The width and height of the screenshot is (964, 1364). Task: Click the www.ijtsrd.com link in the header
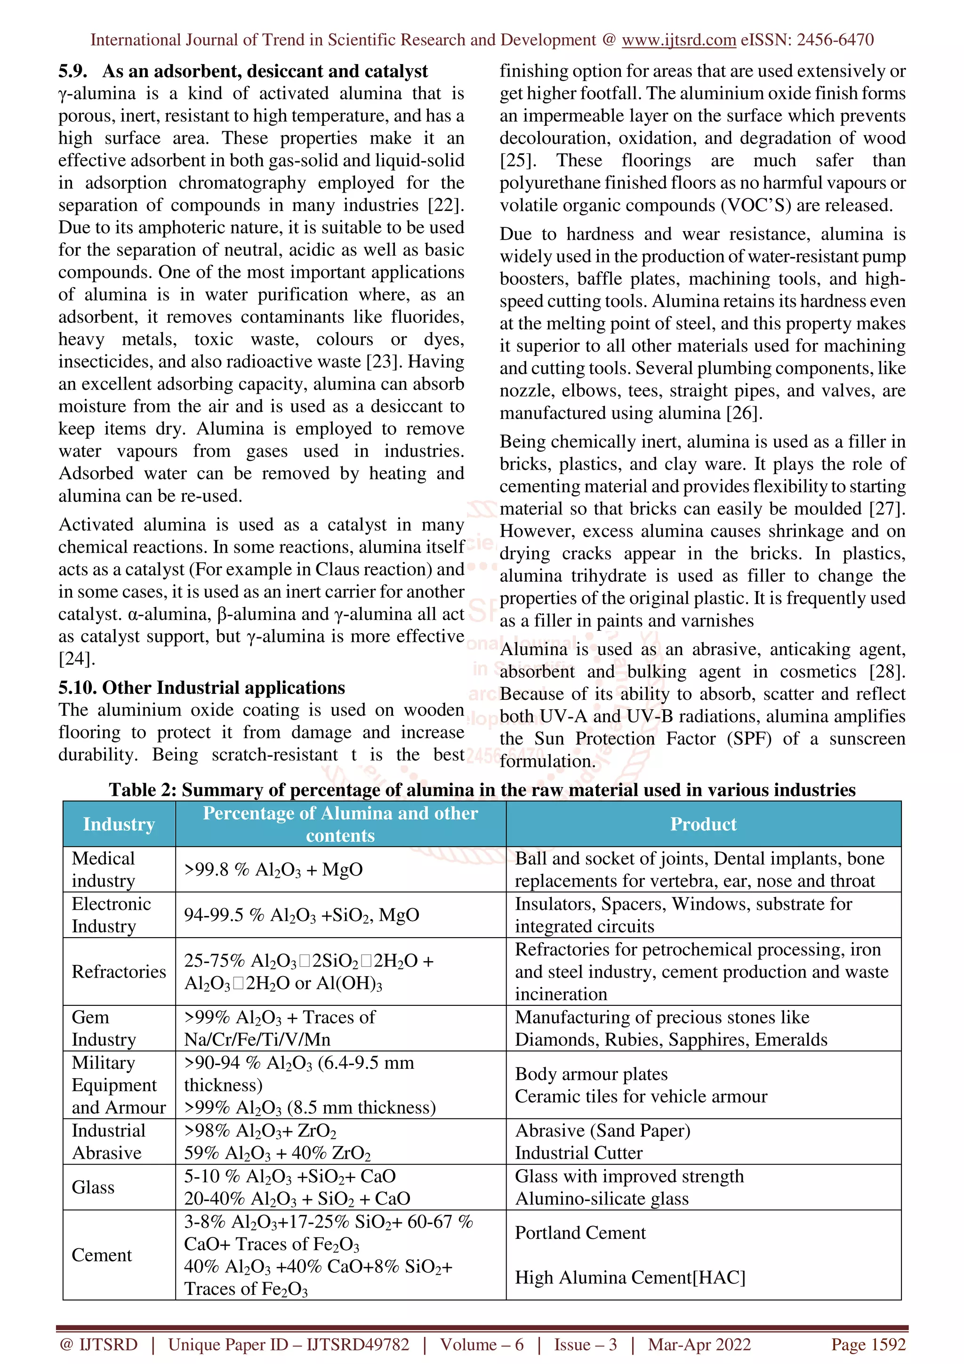[x=678, y=40]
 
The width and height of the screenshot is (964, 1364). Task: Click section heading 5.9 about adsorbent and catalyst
[x=243, y=71]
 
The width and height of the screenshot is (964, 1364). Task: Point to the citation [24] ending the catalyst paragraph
[x=77, y=659]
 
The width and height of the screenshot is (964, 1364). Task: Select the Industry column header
[x=119, y=824]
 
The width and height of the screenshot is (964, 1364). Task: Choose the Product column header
[x=703, y=824]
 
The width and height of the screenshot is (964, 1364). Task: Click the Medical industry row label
[x=104, y=869]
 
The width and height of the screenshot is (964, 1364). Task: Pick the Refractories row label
[x=119, y=971]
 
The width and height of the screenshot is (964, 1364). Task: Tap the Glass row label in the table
[x=93, y=1187]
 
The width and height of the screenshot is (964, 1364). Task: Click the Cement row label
[x=102, y=1255]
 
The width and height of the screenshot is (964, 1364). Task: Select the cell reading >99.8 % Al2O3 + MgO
[x=273, y=870]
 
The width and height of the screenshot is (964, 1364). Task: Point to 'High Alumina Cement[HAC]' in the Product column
[x=630, y=1277]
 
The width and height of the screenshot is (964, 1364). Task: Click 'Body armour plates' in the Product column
[x=591, y=1074]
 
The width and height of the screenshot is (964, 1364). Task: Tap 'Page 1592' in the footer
[x=868, y=1344]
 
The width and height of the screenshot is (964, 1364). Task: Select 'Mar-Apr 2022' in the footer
[x=699, y=1344]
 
